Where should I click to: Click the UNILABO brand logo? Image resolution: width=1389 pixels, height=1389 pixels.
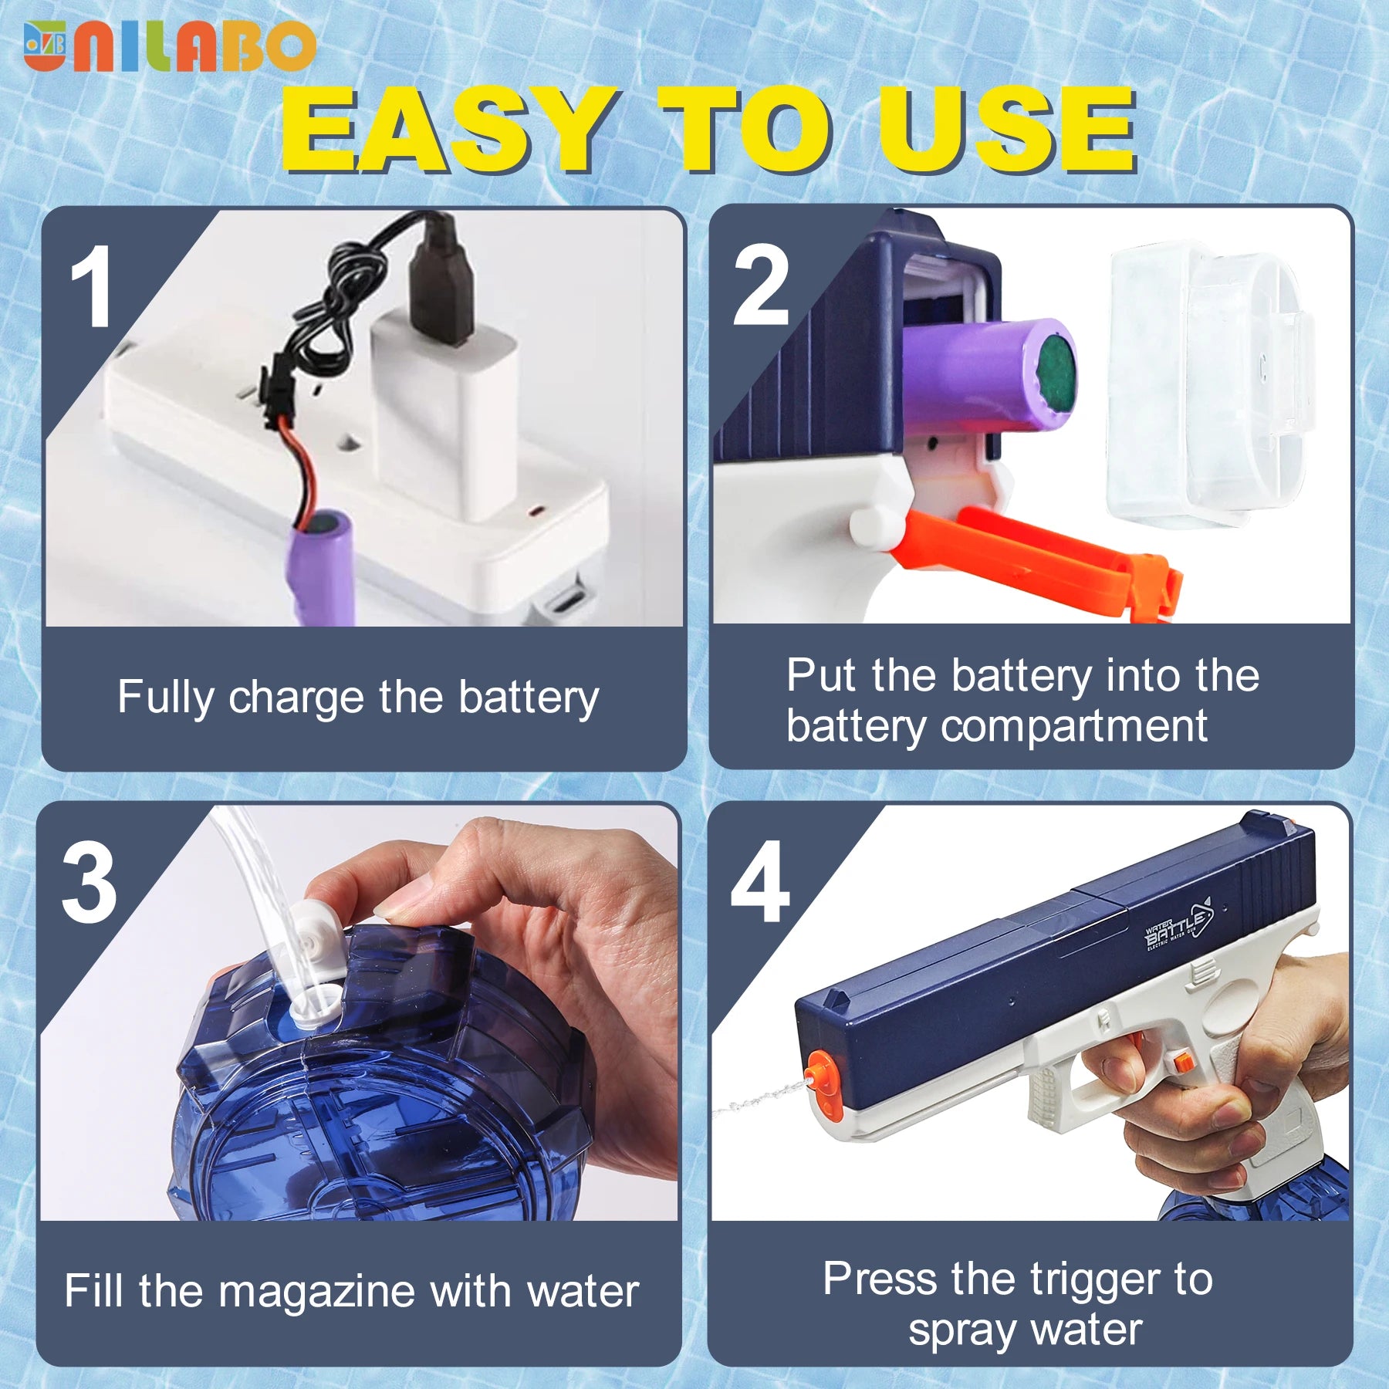click(170, 46)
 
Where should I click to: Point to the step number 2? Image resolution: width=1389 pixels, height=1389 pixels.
click(761, 285)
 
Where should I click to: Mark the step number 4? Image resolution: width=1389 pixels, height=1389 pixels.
click(760, 882)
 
